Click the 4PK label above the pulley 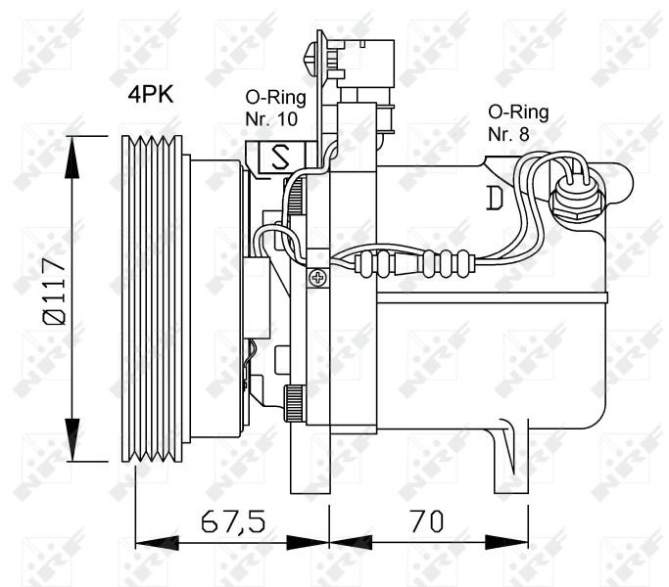(150, 95)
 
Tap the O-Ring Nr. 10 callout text (274, 108)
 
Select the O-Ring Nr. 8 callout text (517, 122)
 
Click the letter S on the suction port (280, 156)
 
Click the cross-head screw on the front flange (318, 279)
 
